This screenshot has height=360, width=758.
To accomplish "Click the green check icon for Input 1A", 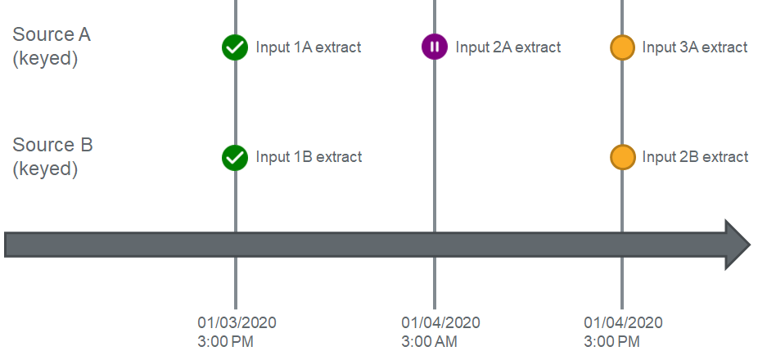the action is (x=235, y=47).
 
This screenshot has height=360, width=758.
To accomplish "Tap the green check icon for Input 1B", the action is (x=235, y=158).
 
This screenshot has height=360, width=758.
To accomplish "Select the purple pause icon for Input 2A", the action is (x=435, y=47).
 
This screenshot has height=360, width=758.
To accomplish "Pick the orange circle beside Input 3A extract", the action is (x=622, y=47).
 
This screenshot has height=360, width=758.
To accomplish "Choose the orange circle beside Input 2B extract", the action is (x=622, y=158).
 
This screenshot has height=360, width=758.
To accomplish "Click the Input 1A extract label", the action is (x=309, y=47).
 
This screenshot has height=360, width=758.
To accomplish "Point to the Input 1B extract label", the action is (x=309, y=157).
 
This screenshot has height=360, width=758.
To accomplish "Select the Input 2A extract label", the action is (x=508, y=47).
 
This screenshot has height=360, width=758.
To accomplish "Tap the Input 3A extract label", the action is (x=695, y=47).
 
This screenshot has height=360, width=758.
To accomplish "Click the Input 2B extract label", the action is (x=695, y=157).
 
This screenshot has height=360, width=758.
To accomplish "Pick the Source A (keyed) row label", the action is (x=52, y=47).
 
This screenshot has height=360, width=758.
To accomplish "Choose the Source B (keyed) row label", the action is (x=52, y=157).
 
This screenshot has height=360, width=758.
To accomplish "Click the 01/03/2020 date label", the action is (x=237, y=323).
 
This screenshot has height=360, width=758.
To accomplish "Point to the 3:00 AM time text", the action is (x=429, y=342).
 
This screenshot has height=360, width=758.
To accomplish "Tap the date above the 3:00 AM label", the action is (x=441, y=323).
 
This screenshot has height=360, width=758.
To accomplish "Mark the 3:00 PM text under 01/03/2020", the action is (x=225, y=342).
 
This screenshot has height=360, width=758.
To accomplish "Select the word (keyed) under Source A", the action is (x=45, y=59).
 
